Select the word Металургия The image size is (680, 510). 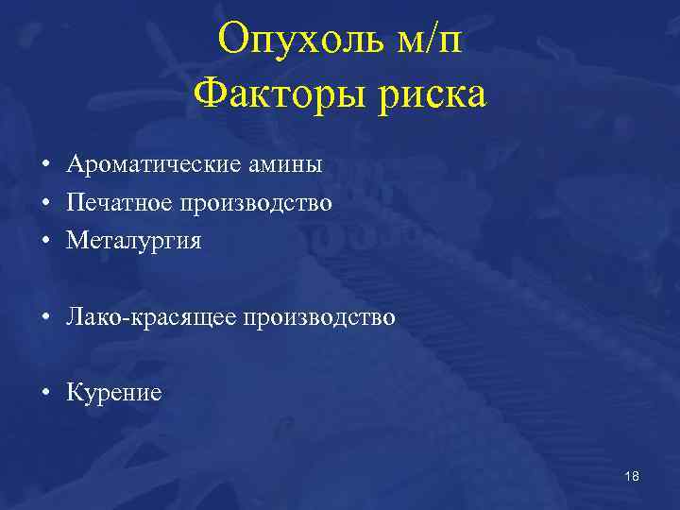click(134, 242)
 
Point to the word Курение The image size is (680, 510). click(113, 393)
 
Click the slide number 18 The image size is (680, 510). click(632, 477)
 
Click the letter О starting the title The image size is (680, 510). click(232, 40)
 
